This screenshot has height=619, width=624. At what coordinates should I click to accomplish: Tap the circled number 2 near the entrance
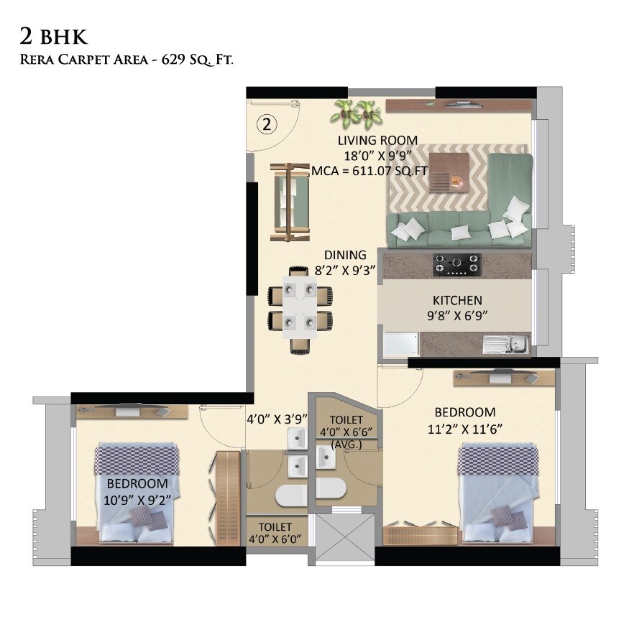tap(267, 125)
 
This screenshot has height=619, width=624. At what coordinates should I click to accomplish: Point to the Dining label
tap(345, 255)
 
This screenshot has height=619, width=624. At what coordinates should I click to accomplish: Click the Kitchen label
tap(457, 300)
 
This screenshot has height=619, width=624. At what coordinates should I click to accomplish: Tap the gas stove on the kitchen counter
tap(456, 264)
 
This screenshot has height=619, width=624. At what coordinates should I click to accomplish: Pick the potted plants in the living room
tap(357, 111)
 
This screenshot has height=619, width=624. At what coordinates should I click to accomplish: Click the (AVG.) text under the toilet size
tap(346, 445)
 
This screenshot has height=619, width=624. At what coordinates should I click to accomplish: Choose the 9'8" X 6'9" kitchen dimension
tap(456, 315)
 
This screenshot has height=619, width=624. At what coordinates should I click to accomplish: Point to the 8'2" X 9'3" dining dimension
tap(345, 270)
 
